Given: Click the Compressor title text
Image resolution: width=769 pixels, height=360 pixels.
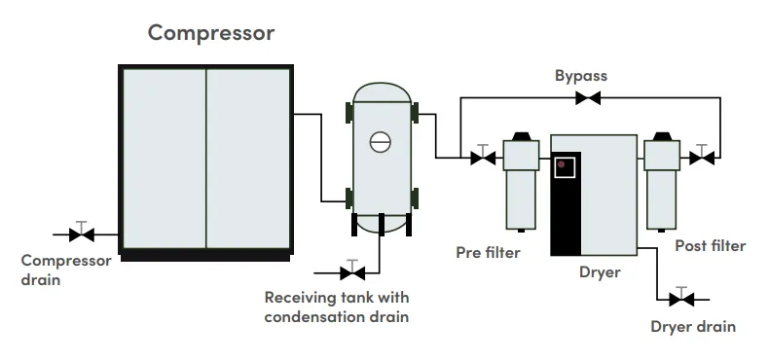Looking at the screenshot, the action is coord(211,33).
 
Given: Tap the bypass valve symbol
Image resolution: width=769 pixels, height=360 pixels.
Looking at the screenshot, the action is coord(588,98).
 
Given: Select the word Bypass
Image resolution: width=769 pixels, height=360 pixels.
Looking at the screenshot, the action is coord(581,76).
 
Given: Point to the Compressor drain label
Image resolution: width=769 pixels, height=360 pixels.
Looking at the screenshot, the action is coord(66,270).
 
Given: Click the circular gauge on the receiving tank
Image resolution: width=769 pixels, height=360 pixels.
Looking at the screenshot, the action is coord(380,142).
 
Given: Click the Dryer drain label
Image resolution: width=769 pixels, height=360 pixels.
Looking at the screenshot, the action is coord(693,327).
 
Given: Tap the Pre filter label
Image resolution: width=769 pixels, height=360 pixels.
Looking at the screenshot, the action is coord(488,253).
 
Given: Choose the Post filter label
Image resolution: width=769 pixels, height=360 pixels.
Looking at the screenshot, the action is coord(711,246).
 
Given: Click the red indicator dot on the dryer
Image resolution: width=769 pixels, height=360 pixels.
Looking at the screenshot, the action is coord(561,164).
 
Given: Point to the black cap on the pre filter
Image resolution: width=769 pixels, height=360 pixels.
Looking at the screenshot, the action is coord(521,136).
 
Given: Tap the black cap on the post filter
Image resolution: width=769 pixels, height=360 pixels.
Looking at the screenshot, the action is coord(662,136).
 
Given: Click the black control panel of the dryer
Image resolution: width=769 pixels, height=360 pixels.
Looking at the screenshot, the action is coord(566,203).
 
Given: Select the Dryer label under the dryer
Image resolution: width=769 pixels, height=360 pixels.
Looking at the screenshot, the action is coord(600,272).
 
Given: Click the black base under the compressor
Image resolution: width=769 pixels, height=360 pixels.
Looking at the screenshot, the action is coord(205,258).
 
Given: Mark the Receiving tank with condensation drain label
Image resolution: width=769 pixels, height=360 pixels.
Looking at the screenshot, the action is coord(337,307).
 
